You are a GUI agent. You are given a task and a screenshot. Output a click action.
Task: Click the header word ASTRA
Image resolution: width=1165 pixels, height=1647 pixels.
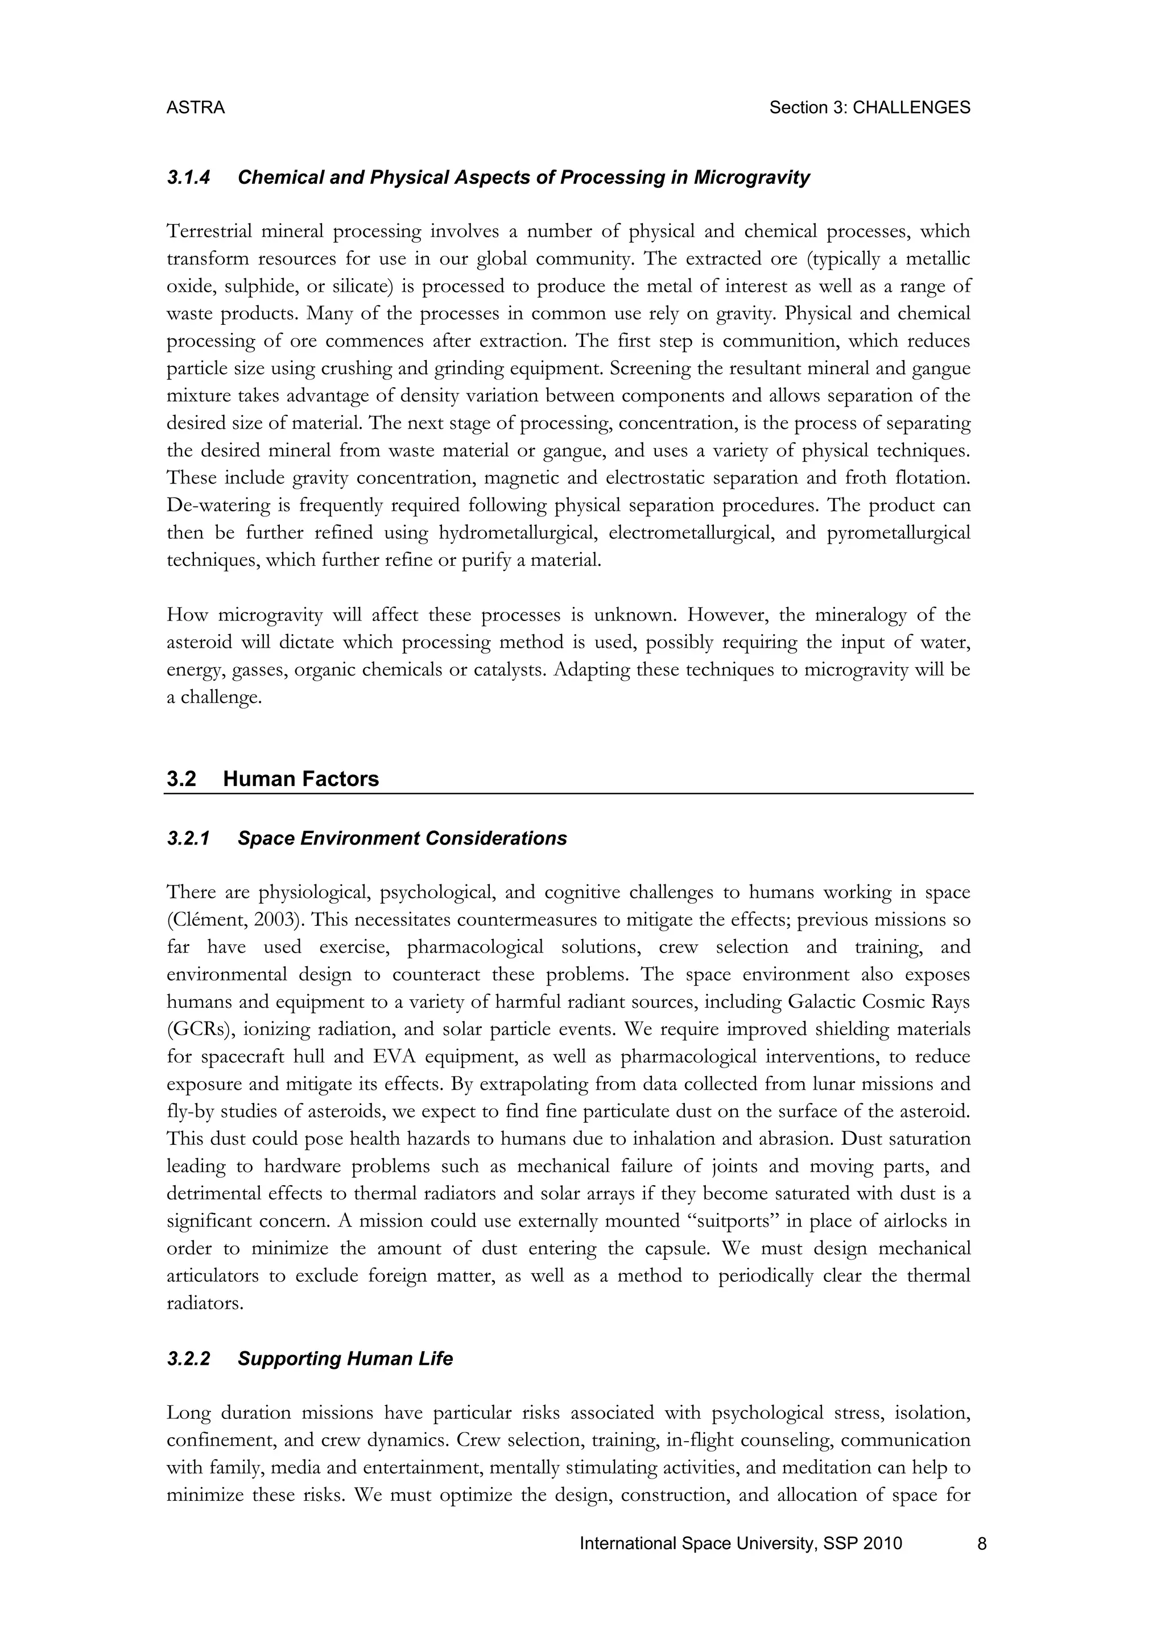point(195,107)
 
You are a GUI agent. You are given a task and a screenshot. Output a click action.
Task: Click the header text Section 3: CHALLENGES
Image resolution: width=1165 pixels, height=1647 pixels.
point(869,107)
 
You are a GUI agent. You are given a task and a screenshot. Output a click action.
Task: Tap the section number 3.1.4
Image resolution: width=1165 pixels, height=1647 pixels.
point(188,177)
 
